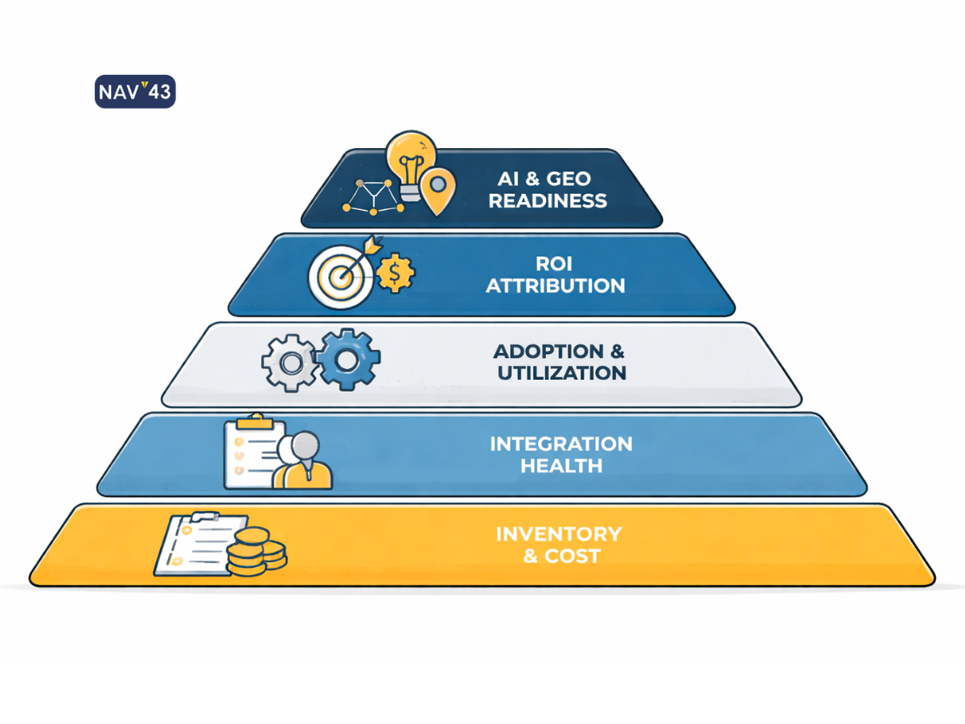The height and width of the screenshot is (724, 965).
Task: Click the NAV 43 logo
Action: (x=135, y=92)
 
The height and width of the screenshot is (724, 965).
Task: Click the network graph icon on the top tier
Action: (x=372, y=195)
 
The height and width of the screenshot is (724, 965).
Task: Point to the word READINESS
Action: (x=548, y=200)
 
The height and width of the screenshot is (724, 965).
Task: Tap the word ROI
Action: (x=555, y=264)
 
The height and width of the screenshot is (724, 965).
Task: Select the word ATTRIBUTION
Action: (x=555, y=286)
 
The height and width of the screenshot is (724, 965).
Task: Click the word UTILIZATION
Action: (x=561, y=373)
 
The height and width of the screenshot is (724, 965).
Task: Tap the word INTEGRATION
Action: (x=561, y=444)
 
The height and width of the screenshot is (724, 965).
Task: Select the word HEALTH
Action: (x=561, y=465)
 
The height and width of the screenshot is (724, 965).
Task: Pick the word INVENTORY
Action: (x=558, y=534)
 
